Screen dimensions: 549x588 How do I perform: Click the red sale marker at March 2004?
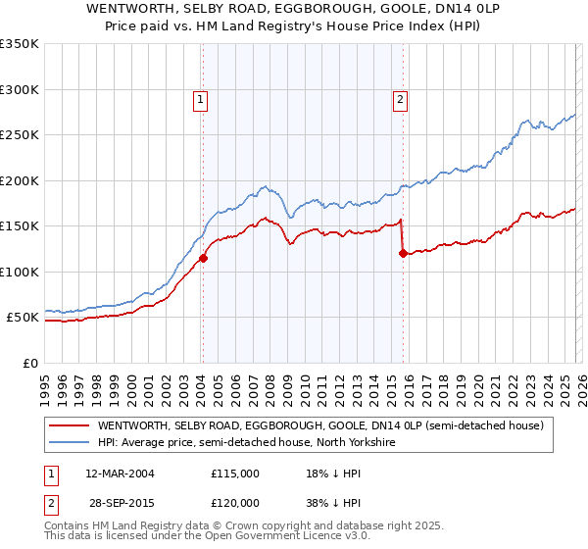pos(203,259)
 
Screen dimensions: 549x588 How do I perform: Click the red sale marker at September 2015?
pos(403,254)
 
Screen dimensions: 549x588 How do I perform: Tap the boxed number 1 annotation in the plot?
pos(200,98)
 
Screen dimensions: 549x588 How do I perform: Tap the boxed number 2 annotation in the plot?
pos(402,98)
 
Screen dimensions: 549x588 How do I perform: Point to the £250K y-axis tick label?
pos(20,135)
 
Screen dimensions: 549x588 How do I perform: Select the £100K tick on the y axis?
pos(20,272)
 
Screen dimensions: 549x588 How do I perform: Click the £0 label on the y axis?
pos(29,363)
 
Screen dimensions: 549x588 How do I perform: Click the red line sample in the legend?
pos(70,426)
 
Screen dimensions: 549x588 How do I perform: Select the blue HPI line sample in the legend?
pos(70,443)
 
